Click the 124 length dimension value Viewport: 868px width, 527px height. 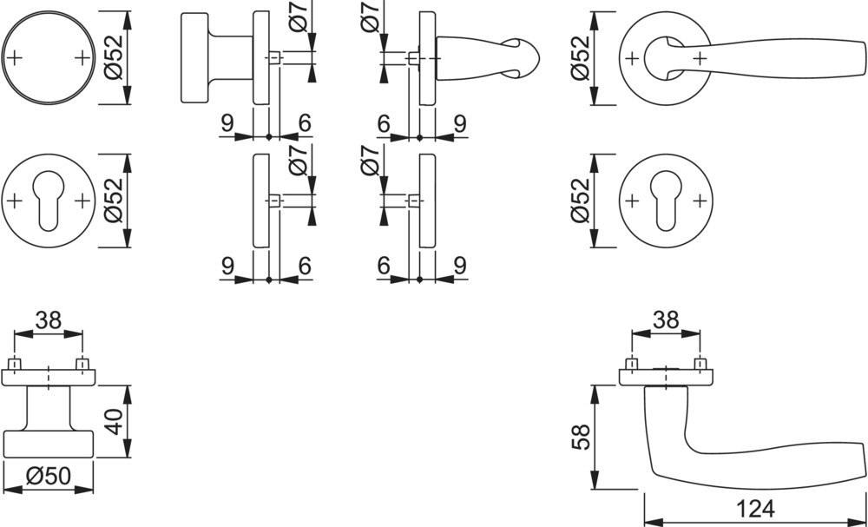755,509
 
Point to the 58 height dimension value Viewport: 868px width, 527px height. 581,438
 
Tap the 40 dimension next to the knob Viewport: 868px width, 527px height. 114,421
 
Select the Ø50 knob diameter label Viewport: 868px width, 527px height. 49,476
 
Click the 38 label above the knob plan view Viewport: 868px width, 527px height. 48,320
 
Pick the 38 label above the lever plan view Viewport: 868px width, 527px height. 666,320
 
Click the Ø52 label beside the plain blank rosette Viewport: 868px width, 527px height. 114,57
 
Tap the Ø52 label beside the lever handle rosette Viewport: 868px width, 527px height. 581,57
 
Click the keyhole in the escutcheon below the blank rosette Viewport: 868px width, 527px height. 48,201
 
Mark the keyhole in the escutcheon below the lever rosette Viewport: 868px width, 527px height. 666,201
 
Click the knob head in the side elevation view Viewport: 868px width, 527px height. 194,57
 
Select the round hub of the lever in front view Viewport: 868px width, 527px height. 661,57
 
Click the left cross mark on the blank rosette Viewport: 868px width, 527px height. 15,57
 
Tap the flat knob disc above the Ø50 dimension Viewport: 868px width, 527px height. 49,444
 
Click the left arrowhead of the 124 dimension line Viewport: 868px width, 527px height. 654,523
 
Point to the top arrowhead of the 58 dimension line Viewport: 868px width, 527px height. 595,395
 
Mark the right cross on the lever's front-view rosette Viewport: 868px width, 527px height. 700,57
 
